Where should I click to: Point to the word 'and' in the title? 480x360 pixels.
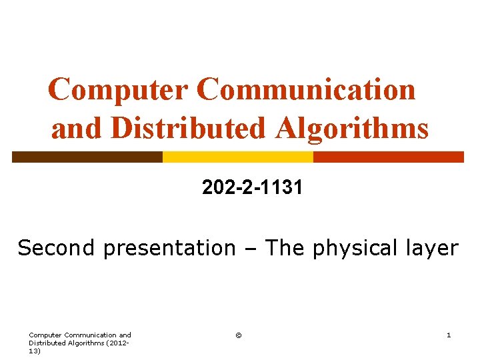coord(78,128)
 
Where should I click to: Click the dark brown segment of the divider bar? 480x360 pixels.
coord(87,157)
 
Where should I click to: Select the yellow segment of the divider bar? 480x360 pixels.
coord(238,157)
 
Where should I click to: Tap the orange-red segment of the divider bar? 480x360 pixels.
coord(388,157)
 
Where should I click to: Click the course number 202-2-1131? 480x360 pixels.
coord(253,189)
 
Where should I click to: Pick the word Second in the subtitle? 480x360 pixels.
coord(57,248)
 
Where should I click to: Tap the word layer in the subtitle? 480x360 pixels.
coord(433,249)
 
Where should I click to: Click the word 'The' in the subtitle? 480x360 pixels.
coord(286,248)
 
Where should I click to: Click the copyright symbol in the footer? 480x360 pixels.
coord(239,335)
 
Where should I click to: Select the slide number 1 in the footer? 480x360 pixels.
coord(449,335)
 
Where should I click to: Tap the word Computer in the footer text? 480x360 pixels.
coord(46,335)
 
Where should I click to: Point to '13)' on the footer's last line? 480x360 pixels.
coord(35,351)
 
